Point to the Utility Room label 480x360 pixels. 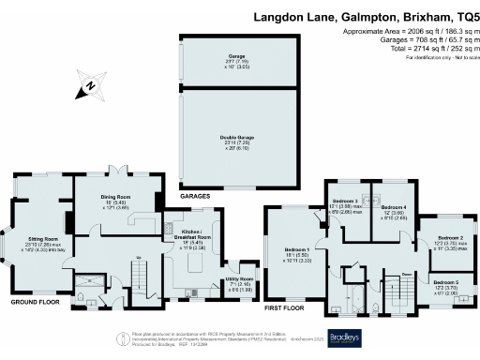point(241,279)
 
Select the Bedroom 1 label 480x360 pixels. point(297,249)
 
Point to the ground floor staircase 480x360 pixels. point(143,273)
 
